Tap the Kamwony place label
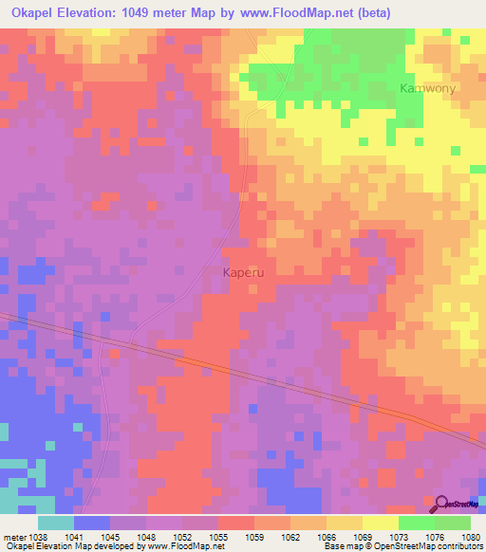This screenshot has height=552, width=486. click(426, 88)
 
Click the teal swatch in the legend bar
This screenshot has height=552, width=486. click(56, 523)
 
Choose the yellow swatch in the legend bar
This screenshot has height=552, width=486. click(380, 523)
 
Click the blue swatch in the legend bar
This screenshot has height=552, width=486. click(92, 523)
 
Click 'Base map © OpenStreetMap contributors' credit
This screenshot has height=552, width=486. click(402, 547)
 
